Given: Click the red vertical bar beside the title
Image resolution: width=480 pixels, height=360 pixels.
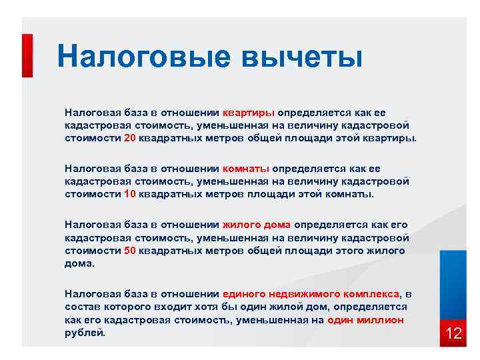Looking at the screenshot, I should (x=27, y=56).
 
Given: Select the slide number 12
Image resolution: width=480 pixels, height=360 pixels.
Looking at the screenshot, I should (x=453, y=333).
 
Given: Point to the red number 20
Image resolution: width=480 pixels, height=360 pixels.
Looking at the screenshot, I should (x=130, y=138).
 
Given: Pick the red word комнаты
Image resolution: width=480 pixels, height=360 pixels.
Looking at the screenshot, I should (x=246, y=169).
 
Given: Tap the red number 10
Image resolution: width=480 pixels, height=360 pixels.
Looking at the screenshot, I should (x=130, y=194).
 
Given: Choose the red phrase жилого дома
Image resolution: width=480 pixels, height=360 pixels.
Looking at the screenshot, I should (x=257, y=225).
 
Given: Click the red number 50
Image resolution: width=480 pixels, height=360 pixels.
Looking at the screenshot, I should (x=130, y=250).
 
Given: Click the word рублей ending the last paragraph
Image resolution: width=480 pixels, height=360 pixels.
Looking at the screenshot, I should (x=85, y=332).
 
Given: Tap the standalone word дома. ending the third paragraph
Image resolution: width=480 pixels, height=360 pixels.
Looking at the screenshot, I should (x=80, y=263).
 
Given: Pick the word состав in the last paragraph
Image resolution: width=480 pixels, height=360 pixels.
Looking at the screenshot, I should (x=81, y=306).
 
